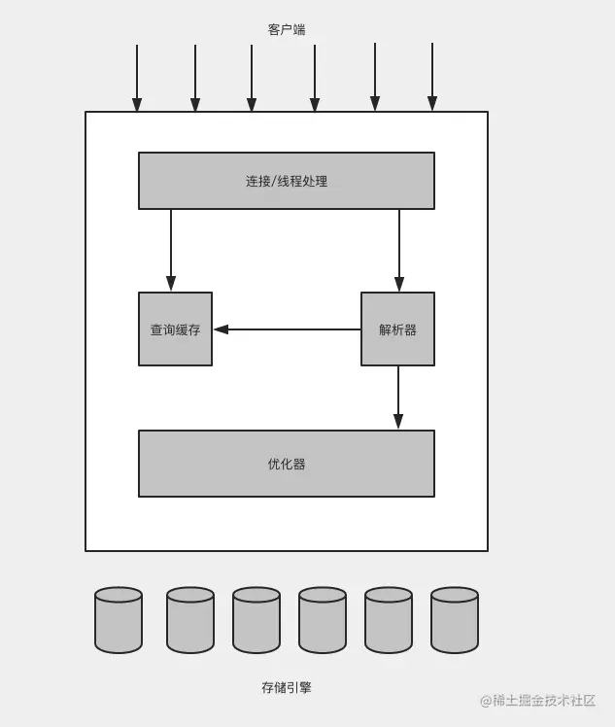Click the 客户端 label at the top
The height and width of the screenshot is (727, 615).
click(x=287, y=30)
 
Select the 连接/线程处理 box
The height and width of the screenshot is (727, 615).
click(x=287, y=181)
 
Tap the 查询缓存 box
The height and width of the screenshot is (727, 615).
click(x=175, y=329)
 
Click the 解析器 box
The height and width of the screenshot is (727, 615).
click(x=397, y=329)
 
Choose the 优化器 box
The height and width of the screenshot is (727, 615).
click(x=287, y=464)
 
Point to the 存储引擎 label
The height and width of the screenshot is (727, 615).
click(x=287, y=687)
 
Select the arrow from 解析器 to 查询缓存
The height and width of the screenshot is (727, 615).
click(x=287, y=329)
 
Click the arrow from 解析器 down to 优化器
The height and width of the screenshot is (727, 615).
click(x=398, y=397)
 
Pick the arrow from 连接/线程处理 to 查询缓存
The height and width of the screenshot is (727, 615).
click(x=171, y=250)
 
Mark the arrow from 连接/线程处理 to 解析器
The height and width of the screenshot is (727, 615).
click(x=399, y=250)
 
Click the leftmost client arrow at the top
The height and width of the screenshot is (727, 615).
click(x=137, y=78)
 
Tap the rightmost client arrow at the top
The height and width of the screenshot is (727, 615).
click(x=432, y=78)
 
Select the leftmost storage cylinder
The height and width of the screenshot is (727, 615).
click(x=119, y=620)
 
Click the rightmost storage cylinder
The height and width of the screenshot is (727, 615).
click(x=455, y=620)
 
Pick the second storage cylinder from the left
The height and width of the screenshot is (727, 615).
click(x=190, y=620)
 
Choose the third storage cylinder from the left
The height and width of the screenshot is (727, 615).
click(x=256, y=620)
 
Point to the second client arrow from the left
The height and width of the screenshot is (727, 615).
click(x=195, y=78)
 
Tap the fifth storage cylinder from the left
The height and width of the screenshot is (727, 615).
click(x=389, y=620)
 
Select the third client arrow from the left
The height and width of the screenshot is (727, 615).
click(x=252, y=78)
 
